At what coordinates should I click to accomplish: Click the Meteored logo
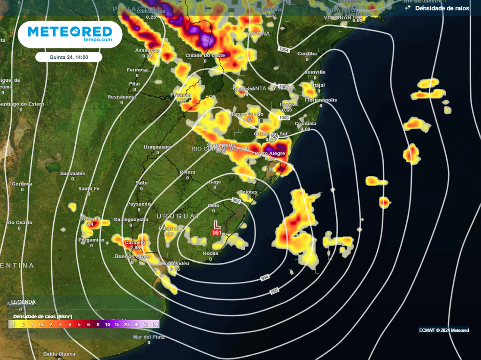pyautogui.click(x=70, y=34)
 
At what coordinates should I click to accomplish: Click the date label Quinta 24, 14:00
pyautogui.click(x=69, y=57)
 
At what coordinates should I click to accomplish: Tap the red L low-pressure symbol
pyautogui.click(x=217, y=225)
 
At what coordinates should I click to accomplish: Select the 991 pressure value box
pyautogui.click(x=217, y=233)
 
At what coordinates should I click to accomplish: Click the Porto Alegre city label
pyautogui.click(x=270, y=154)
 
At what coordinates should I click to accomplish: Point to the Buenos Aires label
pyautogui.click(x=132, y=256)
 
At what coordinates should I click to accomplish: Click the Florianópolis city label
pyautogui.click(x=321, y=100)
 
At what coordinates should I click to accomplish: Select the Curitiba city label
pyautogui.click(x=307, y=54)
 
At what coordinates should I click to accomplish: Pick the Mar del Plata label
pyautogui.click(x=148, y=337)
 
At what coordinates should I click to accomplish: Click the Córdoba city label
pyautogui.click(x=22, y=184)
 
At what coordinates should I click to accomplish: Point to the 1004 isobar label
pyautogui.click(x=283, y=49)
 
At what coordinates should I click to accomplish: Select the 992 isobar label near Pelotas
pyautogui.click(x=236, y=201)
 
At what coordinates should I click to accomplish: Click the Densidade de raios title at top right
pyautogui.click(x=442, y=8)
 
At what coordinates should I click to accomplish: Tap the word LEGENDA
pyautogui.click(x=23, y=302)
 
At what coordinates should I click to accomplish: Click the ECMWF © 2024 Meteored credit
pyautogui.click(x=444, y=330)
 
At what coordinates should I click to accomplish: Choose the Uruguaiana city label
pyautogui.click(x=158, y=147)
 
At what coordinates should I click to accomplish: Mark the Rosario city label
pyautogui.click(x=89, y=219)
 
